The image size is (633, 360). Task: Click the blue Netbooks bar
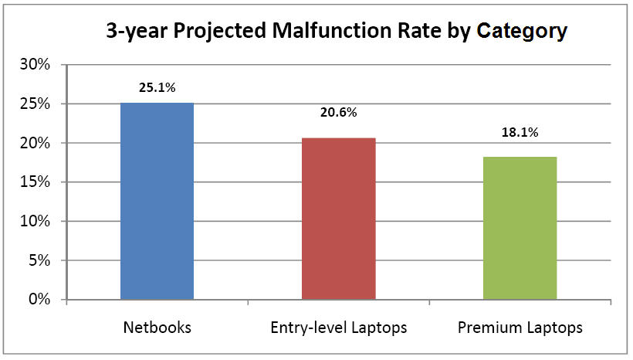pos(157,201)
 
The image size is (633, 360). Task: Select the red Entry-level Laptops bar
pos(338,219)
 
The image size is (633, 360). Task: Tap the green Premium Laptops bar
pos(520,228)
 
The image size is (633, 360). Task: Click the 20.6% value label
pos(338,113)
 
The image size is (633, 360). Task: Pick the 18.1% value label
pos(520,131)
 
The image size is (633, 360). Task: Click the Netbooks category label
pos(157,328)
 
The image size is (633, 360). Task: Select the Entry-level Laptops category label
pos(338,328)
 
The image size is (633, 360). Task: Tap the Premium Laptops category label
pos(520,328)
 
